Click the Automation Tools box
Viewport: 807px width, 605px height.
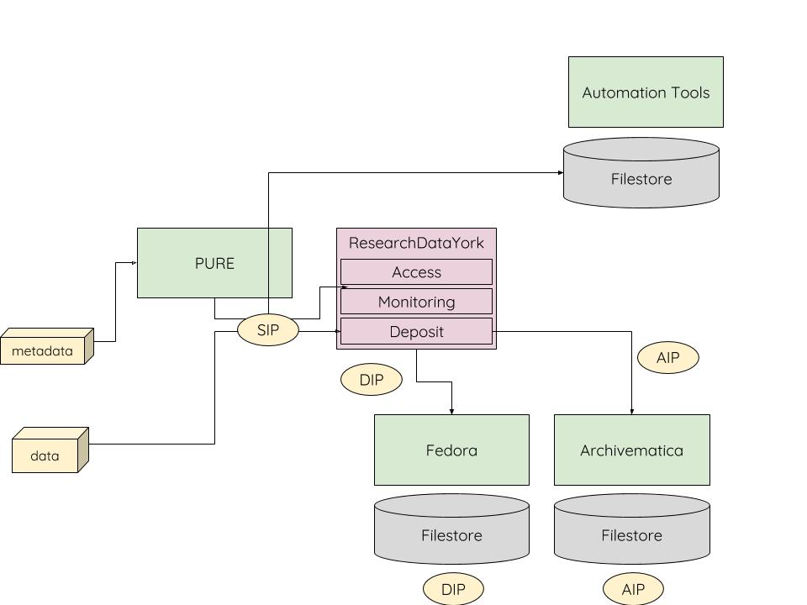646,92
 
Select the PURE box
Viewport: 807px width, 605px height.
214,263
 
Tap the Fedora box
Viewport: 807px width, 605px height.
451,450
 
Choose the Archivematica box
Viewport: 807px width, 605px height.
631,450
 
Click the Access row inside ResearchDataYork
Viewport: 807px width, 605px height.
416,272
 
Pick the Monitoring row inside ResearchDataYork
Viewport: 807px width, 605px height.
416,302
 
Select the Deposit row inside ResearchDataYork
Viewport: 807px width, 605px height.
416,331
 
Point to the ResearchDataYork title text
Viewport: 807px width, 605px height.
416,243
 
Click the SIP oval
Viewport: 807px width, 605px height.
268,330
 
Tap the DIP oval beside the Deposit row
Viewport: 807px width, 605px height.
372,380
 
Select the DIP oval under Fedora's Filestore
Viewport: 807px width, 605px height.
453,589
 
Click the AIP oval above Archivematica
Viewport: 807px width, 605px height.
668,358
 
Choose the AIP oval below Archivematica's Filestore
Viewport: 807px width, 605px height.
633,589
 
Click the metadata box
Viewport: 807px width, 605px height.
43,350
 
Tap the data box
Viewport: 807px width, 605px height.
45,455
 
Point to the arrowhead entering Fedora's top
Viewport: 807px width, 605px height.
451,411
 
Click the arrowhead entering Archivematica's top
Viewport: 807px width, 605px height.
631,411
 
